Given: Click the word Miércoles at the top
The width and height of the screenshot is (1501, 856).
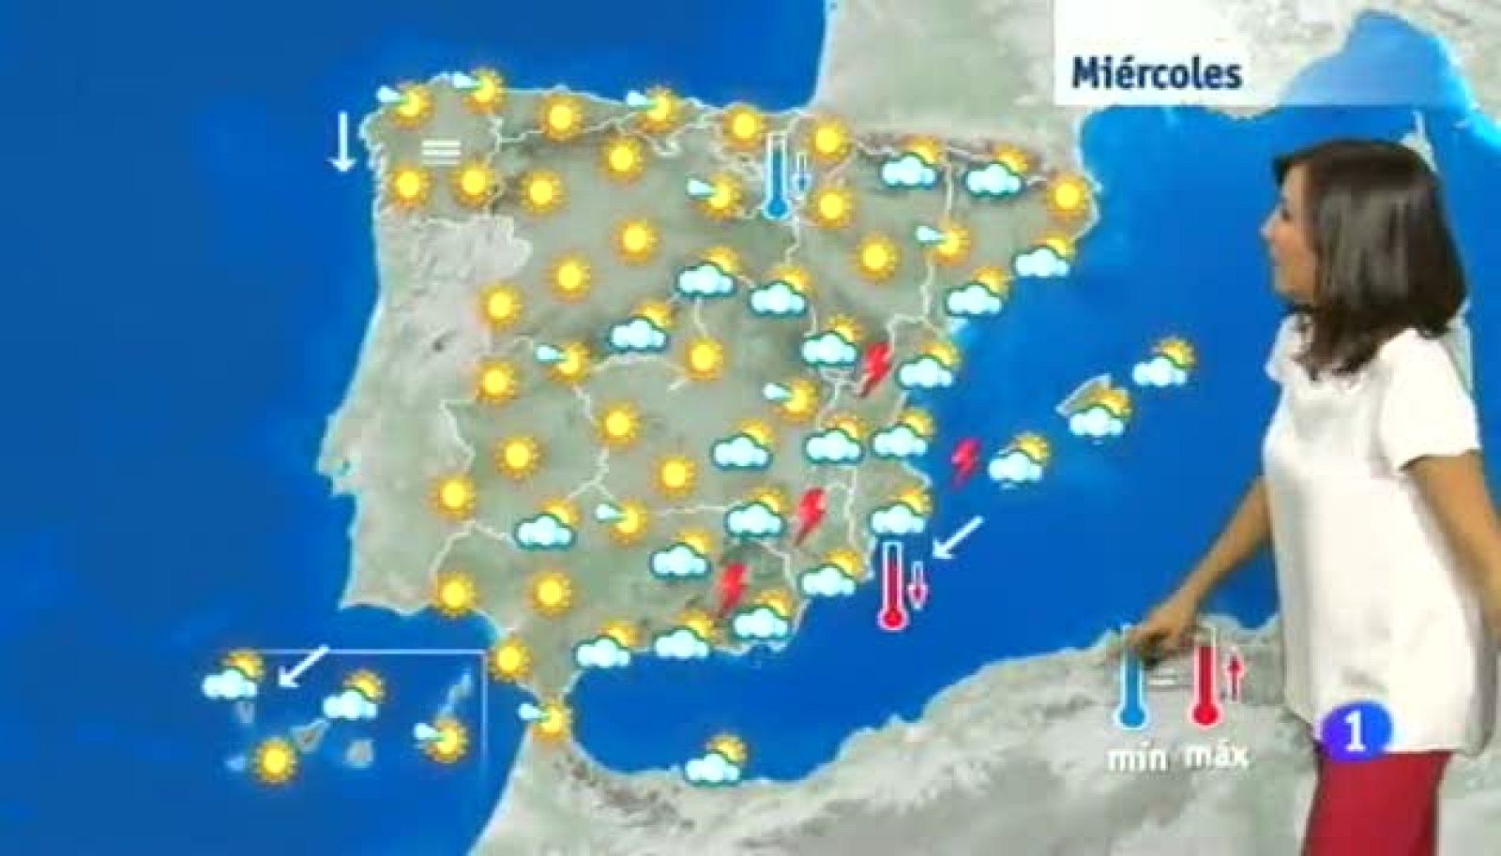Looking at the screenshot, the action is coord(1157,72).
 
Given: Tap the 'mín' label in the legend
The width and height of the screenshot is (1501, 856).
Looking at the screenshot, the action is coord(1137,756).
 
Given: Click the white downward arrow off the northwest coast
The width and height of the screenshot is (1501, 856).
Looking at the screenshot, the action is coord(342,142).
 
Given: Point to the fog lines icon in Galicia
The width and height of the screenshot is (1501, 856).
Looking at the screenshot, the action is coord(440,151).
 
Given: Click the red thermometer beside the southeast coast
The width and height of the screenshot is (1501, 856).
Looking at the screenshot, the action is coord(891,584).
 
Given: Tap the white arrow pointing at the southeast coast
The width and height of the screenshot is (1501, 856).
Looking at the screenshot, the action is coord(959,537).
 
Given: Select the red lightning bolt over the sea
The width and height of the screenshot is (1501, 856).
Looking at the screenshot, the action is coord(964,462).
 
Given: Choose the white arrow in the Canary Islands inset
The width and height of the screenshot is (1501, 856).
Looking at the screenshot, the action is coord(304,666).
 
